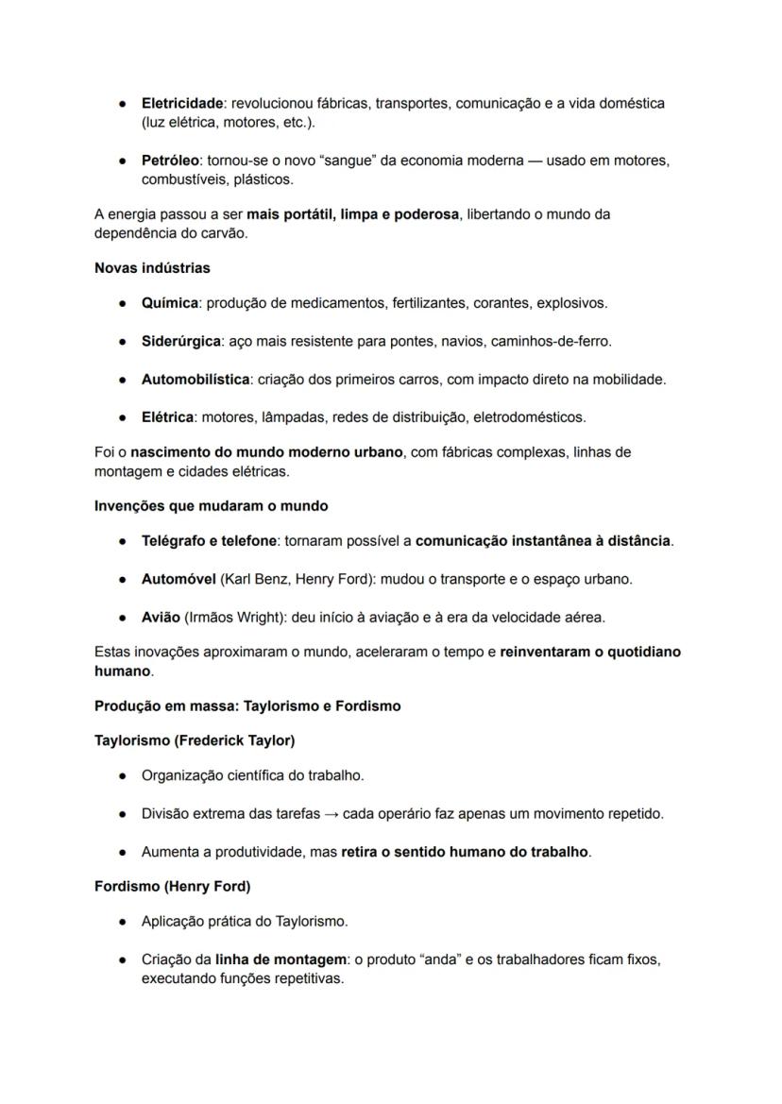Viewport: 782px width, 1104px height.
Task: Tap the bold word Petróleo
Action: (x=170, y=161)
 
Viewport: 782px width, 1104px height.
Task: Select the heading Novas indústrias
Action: (x=152, y=268)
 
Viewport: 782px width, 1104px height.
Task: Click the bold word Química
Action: (x=170, y=303)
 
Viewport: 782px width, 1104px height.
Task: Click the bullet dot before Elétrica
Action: (x=123, y=416)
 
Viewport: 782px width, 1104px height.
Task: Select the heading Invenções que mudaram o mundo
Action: (x=211, y=505)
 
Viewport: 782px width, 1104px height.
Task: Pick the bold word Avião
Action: (x=161, y=617)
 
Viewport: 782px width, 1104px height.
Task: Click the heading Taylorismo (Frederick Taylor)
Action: (x=195, y=740)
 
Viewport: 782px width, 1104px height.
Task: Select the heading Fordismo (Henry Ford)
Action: (x=172, y=886)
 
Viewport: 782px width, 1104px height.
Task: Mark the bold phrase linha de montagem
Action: (x=280, y=959)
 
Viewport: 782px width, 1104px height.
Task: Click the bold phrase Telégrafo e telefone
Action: (x=210, y=541)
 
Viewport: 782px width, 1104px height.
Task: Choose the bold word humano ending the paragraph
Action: (x=122, y=671)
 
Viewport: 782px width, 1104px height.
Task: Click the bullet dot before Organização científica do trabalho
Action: (x=123, y=775)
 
